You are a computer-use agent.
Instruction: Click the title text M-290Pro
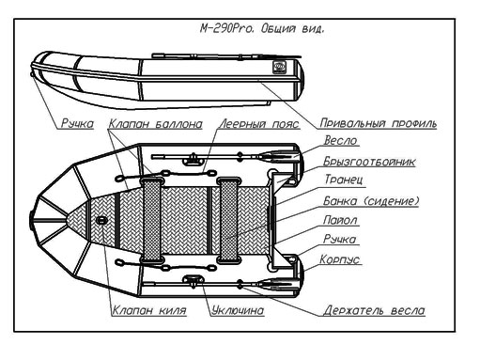pyautogui.click(x=226, y=28)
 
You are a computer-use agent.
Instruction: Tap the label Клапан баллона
pyautogui.click(x=156, y=124)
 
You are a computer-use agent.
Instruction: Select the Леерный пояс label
pyautogui.click(x=259, y=124)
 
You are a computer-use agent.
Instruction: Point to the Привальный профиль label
pyautogui.click(x=379, y=123)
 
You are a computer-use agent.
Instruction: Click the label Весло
pyautogui.click(x=340, y=140)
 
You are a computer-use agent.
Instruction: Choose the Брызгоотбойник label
pyautogui.click(x=369, y=162)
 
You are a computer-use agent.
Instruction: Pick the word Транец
pyautogui.click(x=344, y=180)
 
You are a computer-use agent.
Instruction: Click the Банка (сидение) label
pyautogui.click(x=371, y=200)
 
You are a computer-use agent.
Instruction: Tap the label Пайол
pyautogui.click(x=340, y=220)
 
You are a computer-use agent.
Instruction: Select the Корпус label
pyautogui.click(x=340, y=259)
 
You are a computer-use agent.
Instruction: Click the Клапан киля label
pyautogui.click(x=149, y=310)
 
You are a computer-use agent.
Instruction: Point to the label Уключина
pyautogui.click(x=238, y=310)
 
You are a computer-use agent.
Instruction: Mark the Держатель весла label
pyautogui.click(x=374, y=310)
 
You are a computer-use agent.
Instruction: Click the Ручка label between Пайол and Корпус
pyautogui.click(x=340, y=239)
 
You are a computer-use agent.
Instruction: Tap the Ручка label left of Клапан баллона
pyautogui.click(x=77, y=123)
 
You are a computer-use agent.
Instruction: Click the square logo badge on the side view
pyautogui.click(x=279, y=67)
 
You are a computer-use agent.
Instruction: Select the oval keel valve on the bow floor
pyautogui.click(x=101, y=220)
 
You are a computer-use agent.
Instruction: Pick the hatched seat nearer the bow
pyautogui.click(x=152, y=220)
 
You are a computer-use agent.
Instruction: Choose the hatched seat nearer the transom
pyautogui.click(x=228, y=220)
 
